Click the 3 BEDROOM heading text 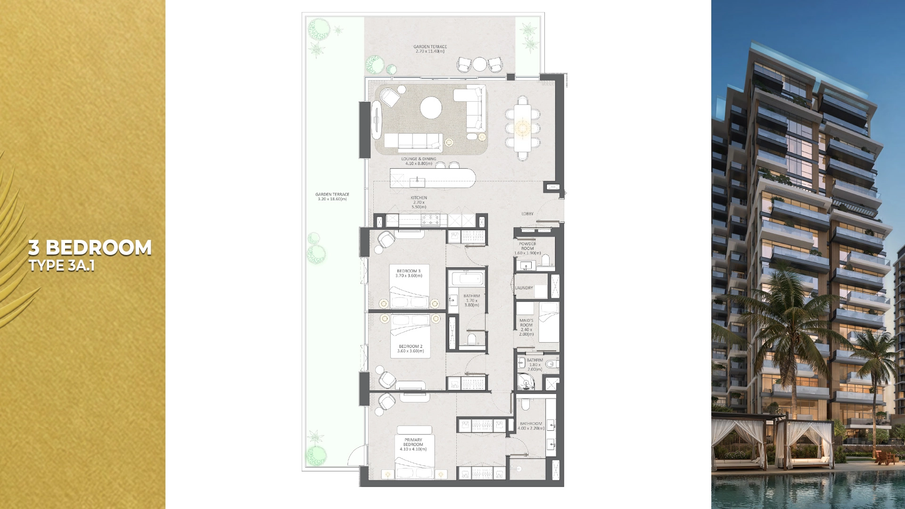(90, 247)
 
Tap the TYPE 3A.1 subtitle (62, 266)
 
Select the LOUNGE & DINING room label (419, 161)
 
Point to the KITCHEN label (419, 202)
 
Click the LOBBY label (527, 214)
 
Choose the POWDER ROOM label (527, 248)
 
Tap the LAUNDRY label (524, 288)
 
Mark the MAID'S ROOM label (526, 327)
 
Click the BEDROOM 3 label (409, 273)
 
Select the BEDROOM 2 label (410, 349)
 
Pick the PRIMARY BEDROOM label (413, 444)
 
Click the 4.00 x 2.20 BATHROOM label (531, 426)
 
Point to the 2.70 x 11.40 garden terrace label (430, 49)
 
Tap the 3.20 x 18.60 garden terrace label (332, 197)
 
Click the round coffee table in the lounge (431, 108)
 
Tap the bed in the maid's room (549, 323)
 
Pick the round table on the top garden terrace (479, 64)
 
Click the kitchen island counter (432, 178)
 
